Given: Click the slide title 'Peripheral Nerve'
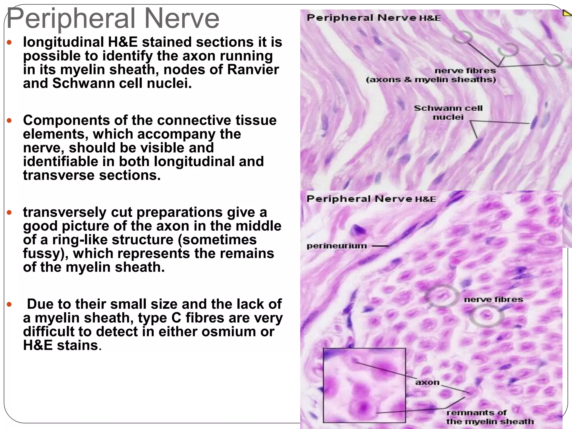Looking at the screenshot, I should [x=113, y=18].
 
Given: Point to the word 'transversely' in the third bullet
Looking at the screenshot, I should [x=65, y=212].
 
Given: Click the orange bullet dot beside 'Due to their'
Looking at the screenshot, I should [x=9, y=304].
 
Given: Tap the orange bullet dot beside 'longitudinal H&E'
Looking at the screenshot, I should [x=9, y=42].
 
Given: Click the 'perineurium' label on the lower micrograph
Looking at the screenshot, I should [x=337, y=246].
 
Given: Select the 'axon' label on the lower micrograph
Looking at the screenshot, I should [x=427, y=382].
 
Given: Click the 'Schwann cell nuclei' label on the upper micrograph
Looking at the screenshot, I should [x=448, y=113].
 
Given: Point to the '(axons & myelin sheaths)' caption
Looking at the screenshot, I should [x=431, y=80].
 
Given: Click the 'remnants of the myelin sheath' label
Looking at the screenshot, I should [x=489, y=417].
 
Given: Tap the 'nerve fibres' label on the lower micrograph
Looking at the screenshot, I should [x=494, y=299].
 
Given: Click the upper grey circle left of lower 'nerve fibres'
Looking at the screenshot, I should [x=442, y=295].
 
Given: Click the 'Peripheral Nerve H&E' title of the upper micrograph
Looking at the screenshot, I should [x=373, y=18].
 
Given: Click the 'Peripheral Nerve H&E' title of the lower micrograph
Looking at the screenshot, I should [x=371, y=199].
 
